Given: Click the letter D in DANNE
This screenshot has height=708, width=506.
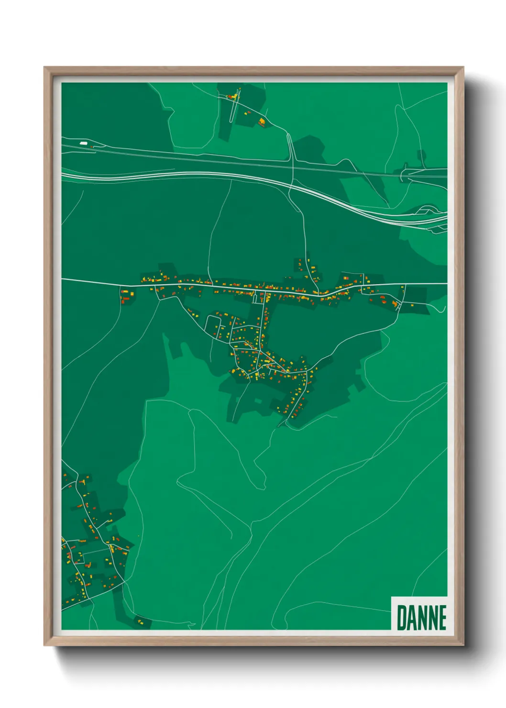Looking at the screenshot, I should click(401, 618).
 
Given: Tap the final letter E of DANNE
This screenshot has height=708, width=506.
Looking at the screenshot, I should click(442, 618).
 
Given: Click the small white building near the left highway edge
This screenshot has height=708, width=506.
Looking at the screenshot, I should click(84, 143).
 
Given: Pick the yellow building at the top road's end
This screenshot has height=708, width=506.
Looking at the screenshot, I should click(262, 122).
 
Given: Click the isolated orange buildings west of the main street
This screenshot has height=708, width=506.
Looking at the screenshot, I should click(125, 295).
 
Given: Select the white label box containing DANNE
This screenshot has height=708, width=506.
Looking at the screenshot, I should click(419, 614).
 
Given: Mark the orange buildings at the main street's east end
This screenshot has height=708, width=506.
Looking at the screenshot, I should click(387, 301).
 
